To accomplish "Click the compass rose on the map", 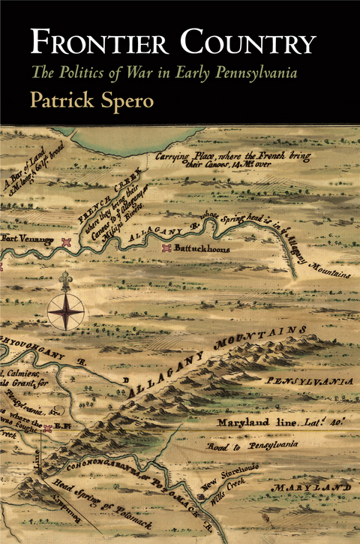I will click(65, 309).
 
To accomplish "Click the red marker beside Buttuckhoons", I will click(167, 248).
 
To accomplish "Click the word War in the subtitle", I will click(142, 74).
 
